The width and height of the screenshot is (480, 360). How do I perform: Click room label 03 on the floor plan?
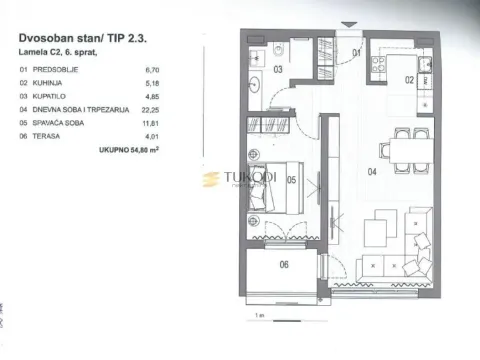279,70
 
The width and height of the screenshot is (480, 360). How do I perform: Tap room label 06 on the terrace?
284,265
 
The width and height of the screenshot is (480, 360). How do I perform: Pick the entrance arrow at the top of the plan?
346,24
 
